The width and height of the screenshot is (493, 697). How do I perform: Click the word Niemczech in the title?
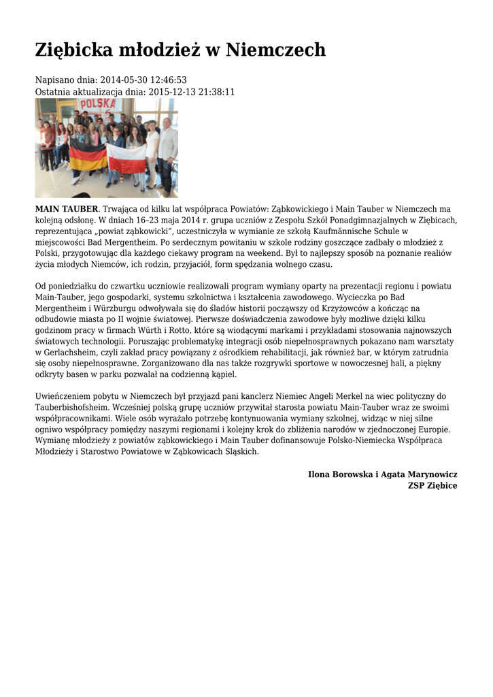pyautogui.click(x=275, y=50)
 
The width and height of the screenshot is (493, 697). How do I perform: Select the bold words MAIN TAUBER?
pyautogui.click(x=67, y=208)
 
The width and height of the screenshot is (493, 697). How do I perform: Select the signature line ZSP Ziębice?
pyautogui.click(x=432, y=485)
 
